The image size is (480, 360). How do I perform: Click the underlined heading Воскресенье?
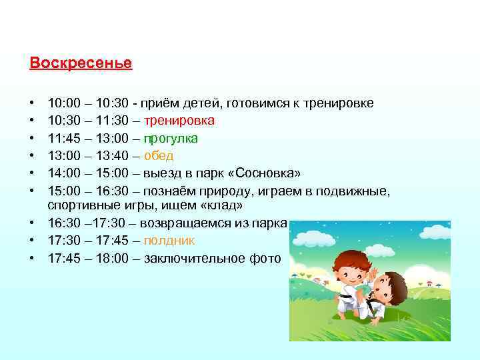81,63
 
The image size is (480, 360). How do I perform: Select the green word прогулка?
171,138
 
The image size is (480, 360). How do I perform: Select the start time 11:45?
64,138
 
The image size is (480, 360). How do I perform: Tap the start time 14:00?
64,173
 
